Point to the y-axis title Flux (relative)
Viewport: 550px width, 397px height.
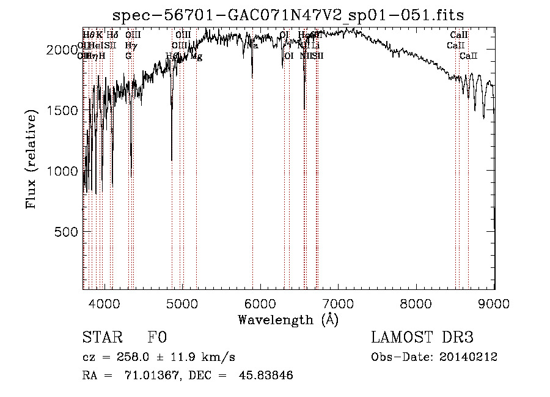[x=31, y=158]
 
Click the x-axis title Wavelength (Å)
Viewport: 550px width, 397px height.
[x=288, y=319]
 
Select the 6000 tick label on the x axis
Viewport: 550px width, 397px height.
[x=260, y=303]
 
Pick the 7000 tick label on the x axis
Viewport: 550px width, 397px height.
[x=339, y=303]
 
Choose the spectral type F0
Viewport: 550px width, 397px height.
[x=157, y=338]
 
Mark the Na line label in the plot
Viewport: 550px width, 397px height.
[x=252, y=45]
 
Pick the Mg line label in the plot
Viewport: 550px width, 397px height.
[x=196, y=56]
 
